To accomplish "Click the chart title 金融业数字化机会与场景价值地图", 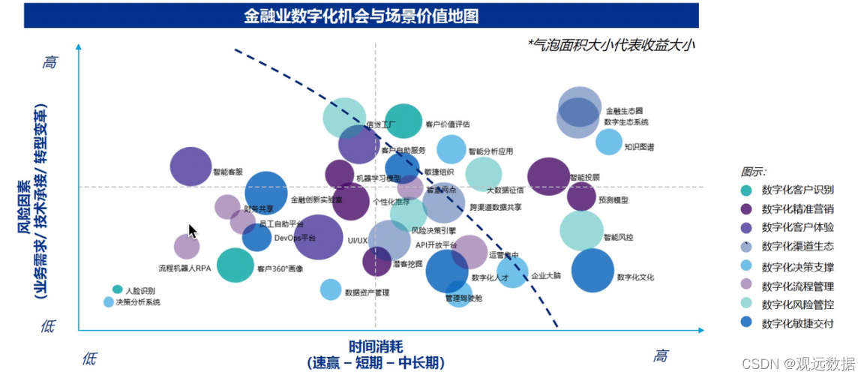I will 361,16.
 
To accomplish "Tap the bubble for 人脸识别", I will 118,289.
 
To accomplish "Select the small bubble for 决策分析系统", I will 109,302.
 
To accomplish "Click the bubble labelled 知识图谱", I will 609,142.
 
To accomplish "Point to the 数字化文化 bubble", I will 592,270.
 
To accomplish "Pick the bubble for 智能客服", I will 191,166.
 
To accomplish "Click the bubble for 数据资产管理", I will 331,289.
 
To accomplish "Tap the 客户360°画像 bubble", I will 235,265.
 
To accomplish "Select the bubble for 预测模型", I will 581,196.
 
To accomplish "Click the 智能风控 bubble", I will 581,230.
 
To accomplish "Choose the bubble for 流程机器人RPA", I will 187,246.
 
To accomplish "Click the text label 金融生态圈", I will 624,111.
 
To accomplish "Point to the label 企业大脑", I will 546,275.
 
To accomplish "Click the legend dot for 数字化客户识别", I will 746,190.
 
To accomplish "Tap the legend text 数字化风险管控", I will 797,304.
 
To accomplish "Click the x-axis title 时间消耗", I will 376,346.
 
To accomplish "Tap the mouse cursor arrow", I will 192,230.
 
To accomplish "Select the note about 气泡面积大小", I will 610,46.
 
